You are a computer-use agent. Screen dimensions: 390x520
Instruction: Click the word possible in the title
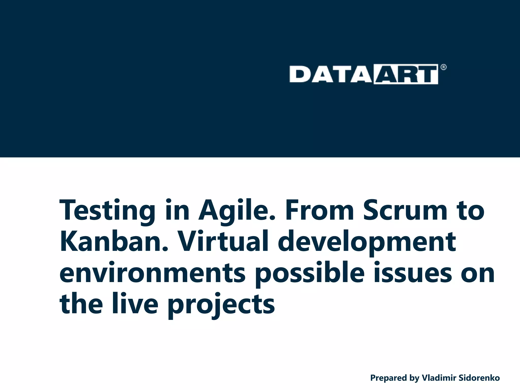click(310, 274)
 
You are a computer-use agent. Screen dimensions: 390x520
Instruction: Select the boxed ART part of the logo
click(406, 74)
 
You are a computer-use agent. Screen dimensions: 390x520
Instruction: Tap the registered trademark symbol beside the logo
click(443, 67)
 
